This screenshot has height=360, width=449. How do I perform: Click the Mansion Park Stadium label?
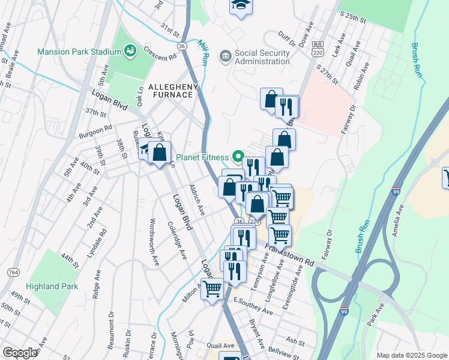pyautogui.click(x=79, y=52)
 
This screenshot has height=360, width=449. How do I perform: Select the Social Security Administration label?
pyautogui.click(x=262, y=57)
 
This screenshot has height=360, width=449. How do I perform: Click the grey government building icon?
pyautogui.click(x=225, y=56)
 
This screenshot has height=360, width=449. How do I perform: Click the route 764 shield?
pyautogui.click(x=13, y=272)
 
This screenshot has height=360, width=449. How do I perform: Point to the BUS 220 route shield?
pyautogui.click(x=317, y=47)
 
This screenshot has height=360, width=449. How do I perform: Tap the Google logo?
pyautogui.click(x=20, y=353)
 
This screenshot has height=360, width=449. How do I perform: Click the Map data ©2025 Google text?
pyautogui.click(x=411, y=355)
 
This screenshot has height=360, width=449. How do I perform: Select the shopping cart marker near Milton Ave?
pyautogui.click(x=212, y=289)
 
